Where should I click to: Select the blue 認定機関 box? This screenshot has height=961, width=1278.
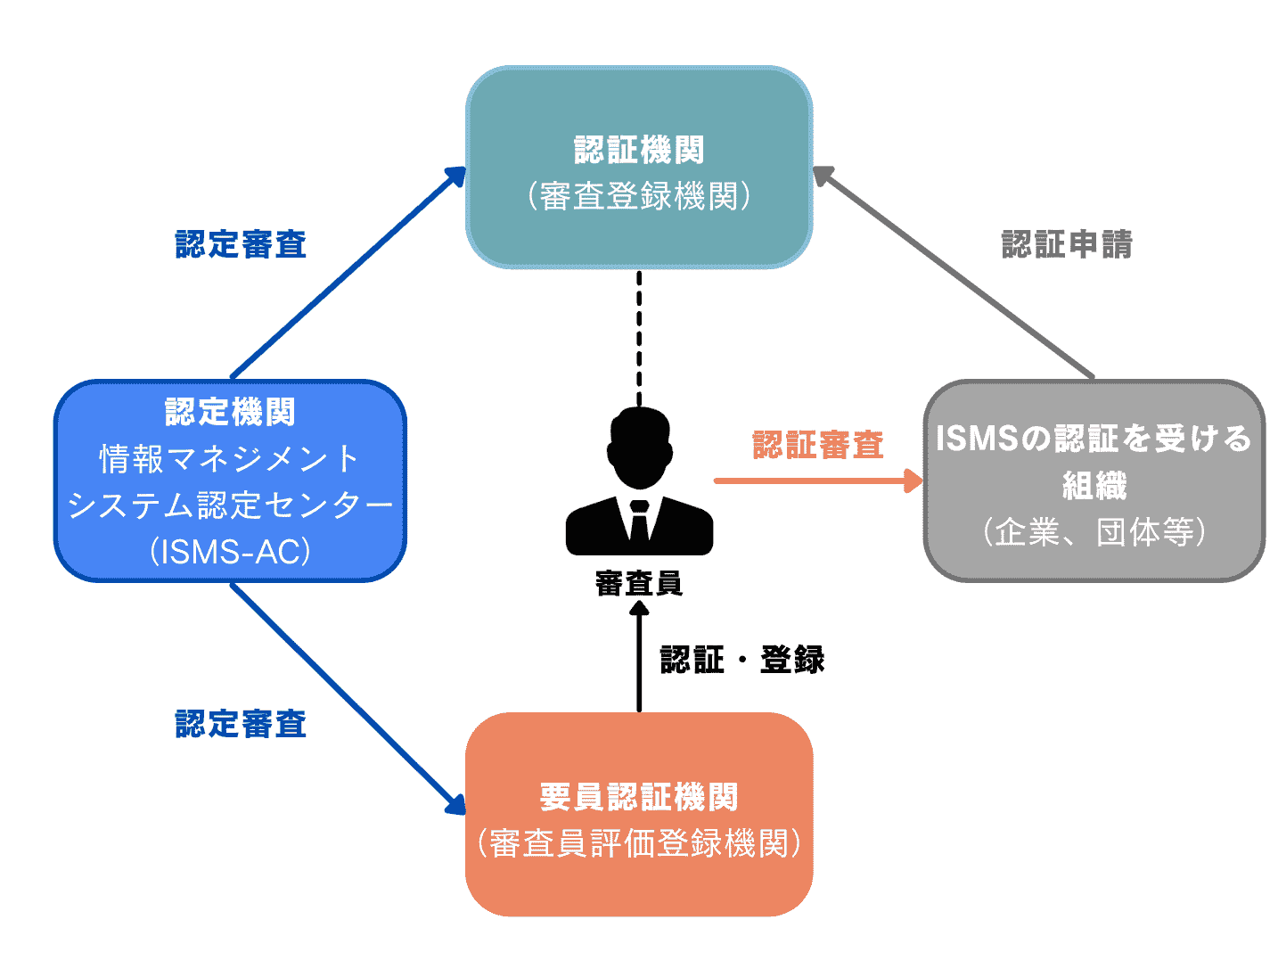point(230,481)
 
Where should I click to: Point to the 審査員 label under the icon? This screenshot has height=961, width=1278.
point(639,583)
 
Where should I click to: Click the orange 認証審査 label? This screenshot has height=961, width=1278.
point(817,444)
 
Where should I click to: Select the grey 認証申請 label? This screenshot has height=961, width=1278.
point(1067,244)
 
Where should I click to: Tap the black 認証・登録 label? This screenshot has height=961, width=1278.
point(741,660)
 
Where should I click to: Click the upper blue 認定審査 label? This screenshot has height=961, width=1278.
point(241,244)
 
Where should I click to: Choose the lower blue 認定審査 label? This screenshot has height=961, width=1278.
point(241,724)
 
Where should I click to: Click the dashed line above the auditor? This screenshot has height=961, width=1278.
point(639,339)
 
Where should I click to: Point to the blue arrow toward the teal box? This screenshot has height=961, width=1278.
point(348,272)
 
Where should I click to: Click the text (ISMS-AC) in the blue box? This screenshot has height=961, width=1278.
point(230,552)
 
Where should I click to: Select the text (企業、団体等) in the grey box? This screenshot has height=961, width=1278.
point(1094,532)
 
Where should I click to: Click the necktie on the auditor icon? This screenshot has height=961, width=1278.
point(639,522)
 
